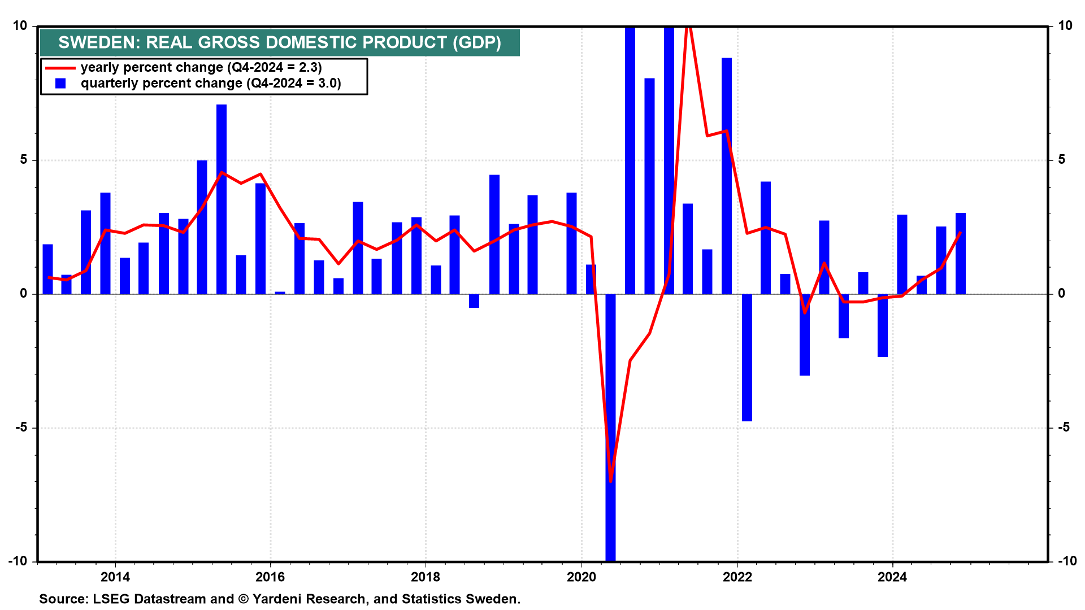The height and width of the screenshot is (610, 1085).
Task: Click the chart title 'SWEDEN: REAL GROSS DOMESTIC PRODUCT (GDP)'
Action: tap(280, 42)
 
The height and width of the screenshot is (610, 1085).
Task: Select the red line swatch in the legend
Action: tap(60, 68)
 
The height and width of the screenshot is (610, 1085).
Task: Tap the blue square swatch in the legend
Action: tap(60, 84)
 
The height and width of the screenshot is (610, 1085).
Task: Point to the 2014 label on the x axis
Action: tap(115, 577)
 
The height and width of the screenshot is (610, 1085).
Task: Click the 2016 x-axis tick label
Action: tap(270, 577)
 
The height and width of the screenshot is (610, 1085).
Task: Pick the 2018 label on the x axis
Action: tap(426, 577)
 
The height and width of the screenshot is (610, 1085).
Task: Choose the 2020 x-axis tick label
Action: tap(581, 577)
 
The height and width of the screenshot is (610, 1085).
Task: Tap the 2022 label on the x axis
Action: tap(737, 577)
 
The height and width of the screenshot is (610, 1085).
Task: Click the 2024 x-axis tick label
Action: tap(892, 577)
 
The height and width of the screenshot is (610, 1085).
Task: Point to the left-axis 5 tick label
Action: tap(24, 160)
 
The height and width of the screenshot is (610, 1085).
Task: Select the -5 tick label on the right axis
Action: tap(1064, 428)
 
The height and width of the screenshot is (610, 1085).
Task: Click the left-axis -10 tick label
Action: tap(18, 561)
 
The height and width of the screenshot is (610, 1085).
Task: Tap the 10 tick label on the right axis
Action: tap(1065, 26)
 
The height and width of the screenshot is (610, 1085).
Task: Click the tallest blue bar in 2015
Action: tap(222, 198)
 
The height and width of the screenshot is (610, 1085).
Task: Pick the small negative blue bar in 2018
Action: tap(474, 301)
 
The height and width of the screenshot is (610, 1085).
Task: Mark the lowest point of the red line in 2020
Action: tap(611, 481)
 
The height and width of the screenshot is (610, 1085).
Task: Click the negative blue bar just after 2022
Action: tap(747, 357)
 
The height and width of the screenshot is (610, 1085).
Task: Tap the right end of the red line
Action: tap(961, 232)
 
